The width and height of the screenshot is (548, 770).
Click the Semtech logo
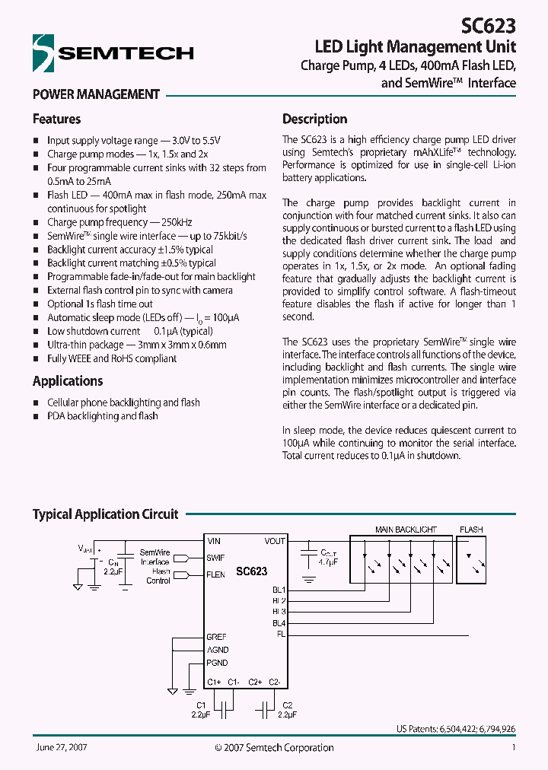(x=113, y=52)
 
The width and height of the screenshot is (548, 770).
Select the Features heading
(x=56, y=119)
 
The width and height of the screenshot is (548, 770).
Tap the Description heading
(x=314, y=119)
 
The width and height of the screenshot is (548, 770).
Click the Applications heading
(x=68, y=380)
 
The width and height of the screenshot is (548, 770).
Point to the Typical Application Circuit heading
(x=105, y=514)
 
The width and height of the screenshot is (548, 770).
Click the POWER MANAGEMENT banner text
(x=96, y=94)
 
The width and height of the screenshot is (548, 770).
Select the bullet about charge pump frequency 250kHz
(x=119, y=222)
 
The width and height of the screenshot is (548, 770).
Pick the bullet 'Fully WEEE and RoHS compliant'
(x=112, y=358)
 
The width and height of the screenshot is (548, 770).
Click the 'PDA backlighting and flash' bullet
(x=103, y=416)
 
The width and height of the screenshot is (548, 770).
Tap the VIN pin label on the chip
(x=214, y=541)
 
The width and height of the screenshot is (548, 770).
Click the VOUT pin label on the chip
(x=275, y=541)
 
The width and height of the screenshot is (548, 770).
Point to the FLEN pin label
(x=216, y=574)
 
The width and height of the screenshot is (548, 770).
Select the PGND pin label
(x=218, y=663)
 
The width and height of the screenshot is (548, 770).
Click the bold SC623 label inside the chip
(x=251, y=571)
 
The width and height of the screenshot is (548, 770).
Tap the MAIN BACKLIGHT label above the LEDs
(x=406, y=530)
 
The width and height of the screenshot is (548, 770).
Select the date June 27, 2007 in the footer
(x=61, y=748)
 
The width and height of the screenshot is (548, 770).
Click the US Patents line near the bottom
(x=456, y=729)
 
